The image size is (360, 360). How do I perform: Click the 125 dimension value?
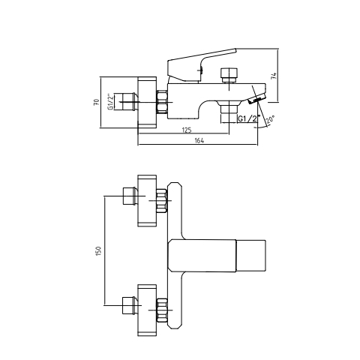tap(187, 130)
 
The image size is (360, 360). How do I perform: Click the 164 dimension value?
tap(199, 141)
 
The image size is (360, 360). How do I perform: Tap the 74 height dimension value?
tap(274, 76)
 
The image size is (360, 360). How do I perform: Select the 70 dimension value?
tap(97, 102)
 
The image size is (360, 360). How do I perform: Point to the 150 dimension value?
tap(98, 250)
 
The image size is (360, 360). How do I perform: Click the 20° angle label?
tap(270, 120)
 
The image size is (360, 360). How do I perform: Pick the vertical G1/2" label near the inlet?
tap(110, 102)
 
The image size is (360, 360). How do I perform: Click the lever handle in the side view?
tap(201, 65)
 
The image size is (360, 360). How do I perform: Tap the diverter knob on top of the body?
tap(229, 75)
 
